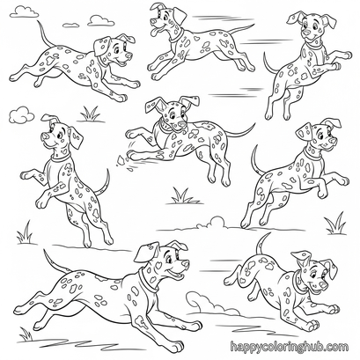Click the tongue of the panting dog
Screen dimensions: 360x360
tap(155, 31)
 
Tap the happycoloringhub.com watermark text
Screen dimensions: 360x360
tap(290, 347)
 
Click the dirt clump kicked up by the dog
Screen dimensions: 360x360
tap(121, 160)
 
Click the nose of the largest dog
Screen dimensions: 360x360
tap(186, 264)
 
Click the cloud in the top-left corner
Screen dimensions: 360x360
tap(24, 11)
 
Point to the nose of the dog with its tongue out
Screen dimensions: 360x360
tap(153, 21)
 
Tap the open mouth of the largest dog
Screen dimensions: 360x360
tap(177, 276)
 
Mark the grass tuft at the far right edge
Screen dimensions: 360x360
tap(336, 224)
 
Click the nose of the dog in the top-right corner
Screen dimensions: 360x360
tap(306, 31)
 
